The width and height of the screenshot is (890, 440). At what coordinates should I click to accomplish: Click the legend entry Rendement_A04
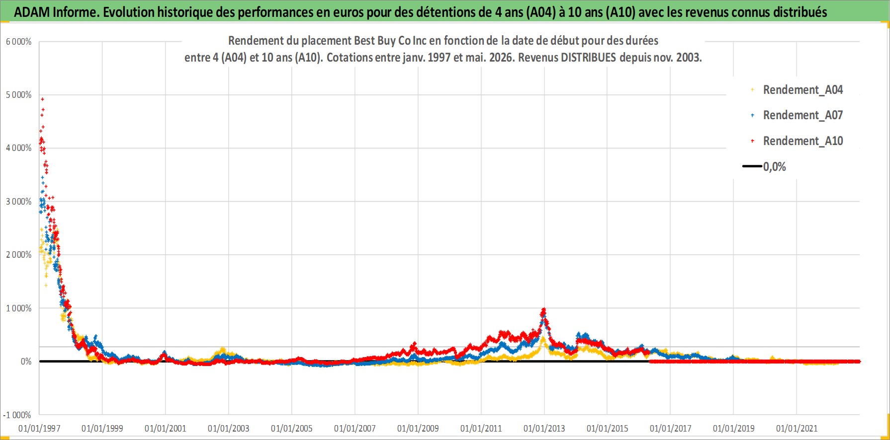click(x=797, y=90)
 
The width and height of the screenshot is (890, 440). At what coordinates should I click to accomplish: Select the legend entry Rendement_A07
click(x=797, y=115)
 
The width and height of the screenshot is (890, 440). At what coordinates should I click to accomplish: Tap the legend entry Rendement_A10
click(x=797, y=141)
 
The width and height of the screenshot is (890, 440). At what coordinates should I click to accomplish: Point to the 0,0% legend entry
click(x=765, y=167)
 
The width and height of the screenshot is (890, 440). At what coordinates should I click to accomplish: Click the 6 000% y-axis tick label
click(x=19, y=42)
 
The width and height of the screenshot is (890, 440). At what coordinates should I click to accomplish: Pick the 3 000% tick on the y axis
click(x=19, y=202)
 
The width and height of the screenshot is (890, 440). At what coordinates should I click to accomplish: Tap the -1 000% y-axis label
click(x=17, y=415)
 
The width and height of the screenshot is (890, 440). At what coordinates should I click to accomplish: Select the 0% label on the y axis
click(x=26, y=362)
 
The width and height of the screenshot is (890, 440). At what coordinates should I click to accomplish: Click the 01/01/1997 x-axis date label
click(x=39, y=429)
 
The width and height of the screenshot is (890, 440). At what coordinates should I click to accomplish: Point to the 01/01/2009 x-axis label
click(x=418, y=429)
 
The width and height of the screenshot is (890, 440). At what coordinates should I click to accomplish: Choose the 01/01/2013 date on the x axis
click(x=544, y=429)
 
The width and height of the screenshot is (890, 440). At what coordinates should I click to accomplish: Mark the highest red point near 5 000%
click(x=43, y=99)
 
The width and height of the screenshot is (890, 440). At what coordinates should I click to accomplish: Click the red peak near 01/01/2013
click(x=544, y=309)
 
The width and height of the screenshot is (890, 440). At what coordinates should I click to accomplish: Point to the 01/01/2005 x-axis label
click(x=292, y=429)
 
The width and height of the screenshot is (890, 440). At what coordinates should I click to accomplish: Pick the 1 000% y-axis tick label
click(x=19, y=308)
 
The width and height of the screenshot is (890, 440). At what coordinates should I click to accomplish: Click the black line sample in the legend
click(x=752, y=166)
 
